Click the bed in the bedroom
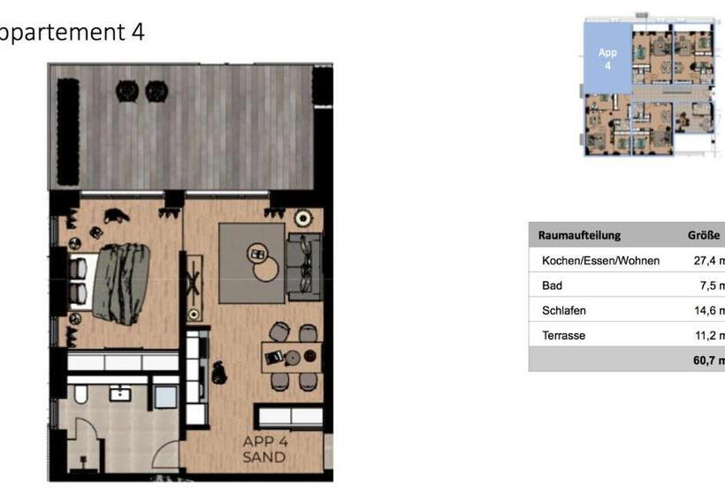click(x=111, y=282)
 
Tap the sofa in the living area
click(x=303, y=262)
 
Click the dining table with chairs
click(x=292, y=356)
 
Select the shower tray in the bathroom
click(x=164, y=395)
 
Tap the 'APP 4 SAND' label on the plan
click(x=264, y=450)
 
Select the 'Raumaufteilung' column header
click(x=579, y=235)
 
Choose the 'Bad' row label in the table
click(x=552, y=286)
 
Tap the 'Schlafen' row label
click(x=564, y=310)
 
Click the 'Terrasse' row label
click(x=563, y=335)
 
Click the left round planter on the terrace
click(x=127, y=89)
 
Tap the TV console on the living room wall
click(x=194, y=287)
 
